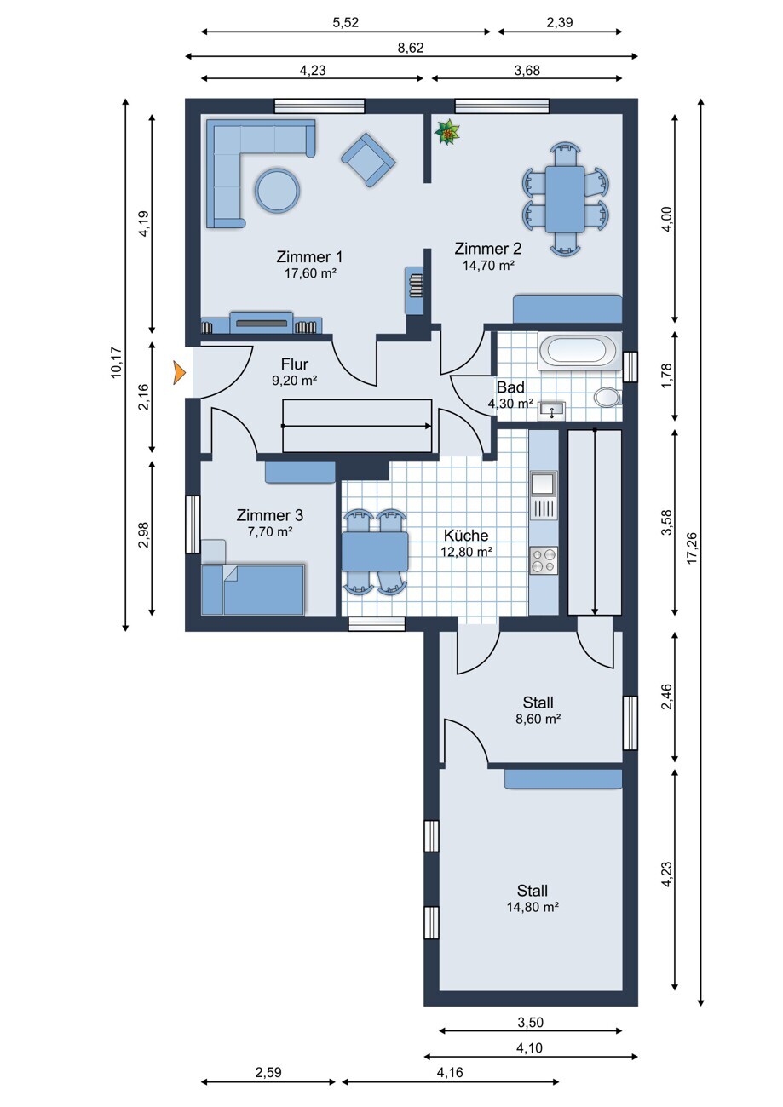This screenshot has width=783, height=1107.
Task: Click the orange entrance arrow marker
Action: click(x=178, y=373)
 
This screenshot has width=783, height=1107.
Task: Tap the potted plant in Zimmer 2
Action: click(x=446, y=133)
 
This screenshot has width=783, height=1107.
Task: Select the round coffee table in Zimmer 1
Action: click(x=277, y=190)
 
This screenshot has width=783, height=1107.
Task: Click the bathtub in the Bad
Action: click(x=579, y=351)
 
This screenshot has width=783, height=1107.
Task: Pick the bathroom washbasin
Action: click(x=551, y=410)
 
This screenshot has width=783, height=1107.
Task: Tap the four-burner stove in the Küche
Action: click(x=544, y=560)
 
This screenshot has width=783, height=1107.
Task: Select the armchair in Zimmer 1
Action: click(x=368, y=159)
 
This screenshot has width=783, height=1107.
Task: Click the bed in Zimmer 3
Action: click(x=252, y=589)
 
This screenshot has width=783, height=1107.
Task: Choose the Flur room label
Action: click(x=295, y=364)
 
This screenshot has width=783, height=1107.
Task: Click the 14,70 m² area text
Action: click(x=488, y=266)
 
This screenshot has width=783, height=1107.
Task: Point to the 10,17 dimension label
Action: click(x=116, y=363)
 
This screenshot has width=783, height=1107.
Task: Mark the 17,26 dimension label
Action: click(x=692, y=548)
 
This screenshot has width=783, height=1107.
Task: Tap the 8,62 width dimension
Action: click(x=411, y=48)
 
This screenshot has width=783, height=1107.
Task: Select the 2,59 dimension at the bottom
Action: click(x=268, y=1072)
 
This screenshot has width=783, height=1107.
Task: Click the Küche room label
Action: click(x=466, y=536)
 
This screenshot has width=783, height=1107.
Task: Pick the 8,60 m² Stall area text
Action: click(x=538, y=719)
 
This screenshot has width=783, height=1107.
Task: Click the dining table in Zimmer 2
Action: click(x=566, y=198)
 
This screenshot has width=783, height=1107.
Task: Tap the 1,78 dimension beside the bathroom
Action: click(x=667, y=376)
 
